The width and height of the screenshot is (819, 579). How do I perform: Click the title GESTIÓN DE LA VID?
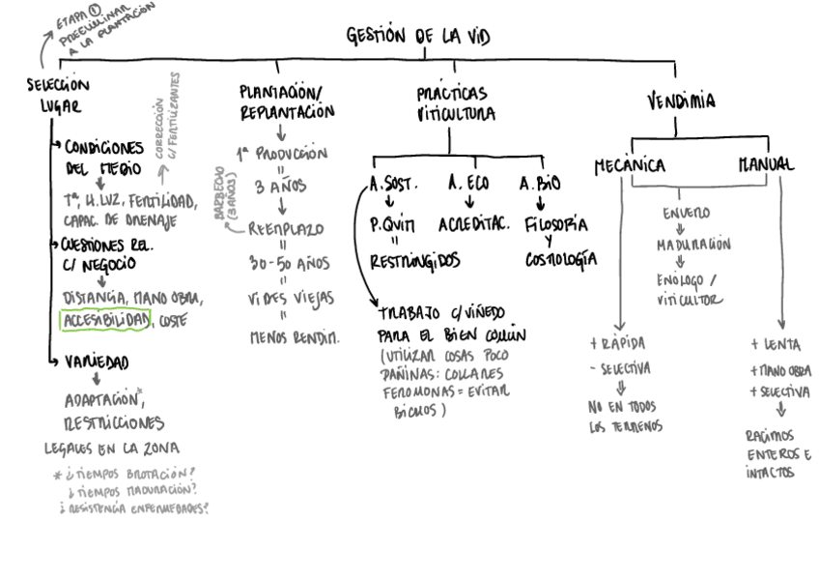[418, 37]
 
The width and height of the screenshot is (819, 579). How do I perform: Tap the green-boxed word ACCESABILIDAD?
[105, 318]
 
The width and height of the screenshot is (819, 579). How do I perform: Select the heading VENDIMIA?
[681, 101]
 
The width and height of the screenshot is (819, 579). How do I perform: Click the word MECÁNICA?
[629, 165]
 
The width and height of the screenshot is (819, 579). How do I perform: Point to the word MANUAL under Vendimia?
[765, 165]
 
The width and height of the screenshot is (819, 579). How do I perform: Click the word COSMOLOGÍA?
[561, 260]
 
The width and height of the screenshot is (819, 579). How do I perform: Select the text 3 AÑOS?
[279, 188]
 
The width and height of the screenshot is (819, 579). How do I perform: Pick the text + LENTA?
[776, 344]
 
